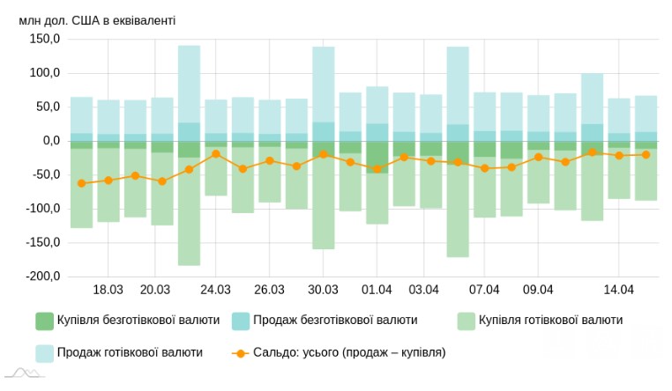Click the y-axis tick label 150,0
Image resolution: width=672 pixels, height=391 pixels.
click(45, 39)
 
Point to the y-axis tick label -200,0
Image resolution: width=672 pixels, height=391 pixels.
click(43, 277)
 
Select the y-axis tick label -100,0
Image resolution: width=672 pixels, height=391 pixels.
click(43, 209)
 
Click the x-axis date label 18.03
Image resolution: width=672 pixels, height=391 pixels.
click(108, 290)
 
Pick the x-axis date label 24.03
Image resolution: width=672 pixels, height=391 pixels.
click(216, 290)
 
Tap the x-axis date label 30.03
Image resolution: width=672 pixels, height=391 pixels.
click(324, 290)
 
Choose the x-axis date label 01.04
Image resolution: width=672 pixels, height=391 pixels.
click(377, 290)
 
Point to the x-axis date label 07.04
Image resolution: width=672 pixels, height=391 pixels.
click(485, 290)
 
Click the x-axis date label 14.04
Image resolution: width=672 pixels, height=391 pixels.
click(619, 290)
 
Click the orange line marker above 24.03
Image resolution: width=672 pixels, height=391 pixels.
click(216, 153)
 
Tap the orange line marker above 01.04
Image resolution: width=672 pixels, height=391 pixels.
click(377, 168)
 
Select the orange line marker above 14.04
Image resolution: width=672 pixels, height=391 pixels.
click(619, 155)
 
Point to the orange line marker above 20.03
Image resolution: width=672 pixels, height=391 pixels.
click(162, 181)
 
